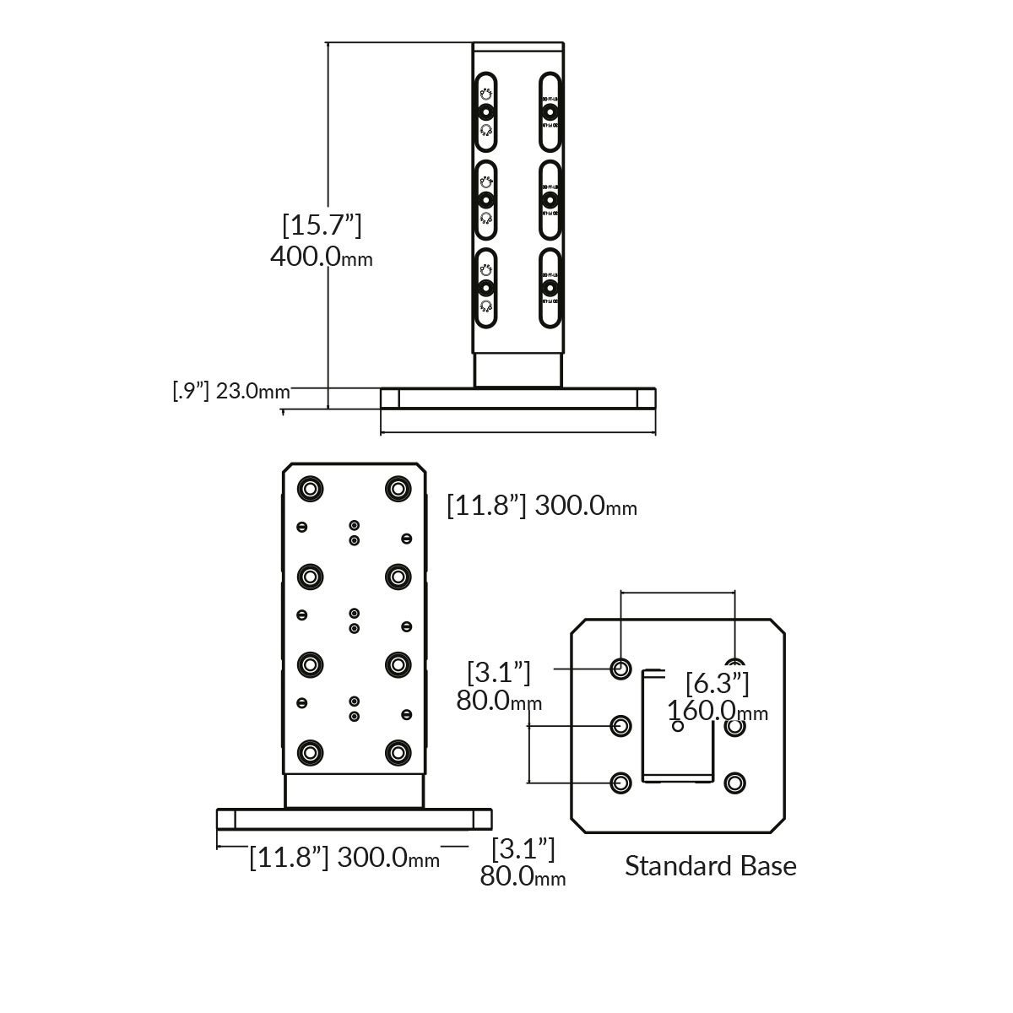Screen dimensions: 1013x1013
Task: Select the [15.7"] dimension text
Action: click(322, 225)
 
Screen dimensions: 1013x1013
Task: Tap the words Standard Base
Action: click(710, 866)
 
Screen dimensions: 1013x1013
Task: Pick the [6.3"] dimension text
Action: click(717, 682)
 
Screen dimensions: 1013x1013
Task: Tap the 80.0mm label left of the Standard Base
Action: click(499, 700)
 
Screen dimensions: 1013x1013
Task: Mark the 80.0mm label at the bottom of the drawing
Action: click(523, 877)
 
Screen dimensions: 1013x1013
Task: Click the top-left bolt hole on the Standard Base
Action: click(621, 669)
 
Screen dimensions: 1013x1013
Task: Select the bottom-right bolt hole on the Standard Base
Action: click(735, 783)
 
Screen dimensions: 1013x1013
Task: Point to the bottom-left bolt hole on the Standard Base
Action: click(621, 783)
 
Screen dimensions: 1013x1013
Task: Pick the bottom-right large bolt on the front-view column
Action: click(396, 751)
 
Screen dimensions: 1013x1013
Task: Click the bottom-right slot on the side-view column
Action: click(550, 288)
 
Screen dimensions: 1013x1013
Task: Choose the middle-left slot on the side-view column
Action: click(485, 199)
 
